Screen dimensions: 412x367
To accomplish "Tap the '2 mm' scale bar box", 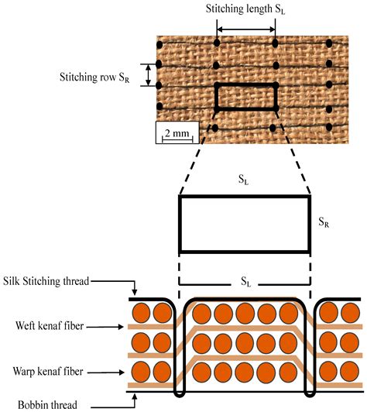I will pyautogui.click(x=177, y=132).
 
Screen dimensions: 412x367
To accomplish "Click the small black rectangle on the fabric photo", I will pyautogui.click(x=245, y=97).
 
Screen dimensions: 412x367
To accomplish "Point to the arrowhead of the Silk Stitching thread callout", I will pyautogui.click(x=134, y=297).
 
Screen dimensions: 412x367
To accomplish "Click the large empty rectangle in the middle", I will pyautogui.click(x=245, y=222).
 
